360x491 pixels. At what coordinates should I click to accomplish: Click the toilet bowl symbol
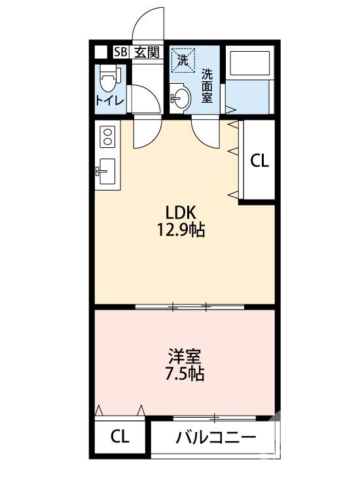[108, 82]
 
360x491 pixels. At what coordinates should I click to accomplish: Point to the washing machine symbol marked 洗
[184, 61]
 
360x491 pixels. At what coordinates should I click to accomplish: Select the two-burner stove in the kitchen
[107, 137]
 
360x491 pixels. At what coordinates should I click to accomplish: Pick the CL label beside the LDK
[260, 160]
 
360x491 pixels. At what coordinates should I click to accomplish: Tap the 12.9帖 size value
[181, 230]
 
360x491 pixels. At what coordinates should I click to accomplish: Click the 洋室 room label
[184, 357]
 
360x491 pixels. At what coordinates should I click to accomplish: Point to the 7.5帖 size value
[184, 374]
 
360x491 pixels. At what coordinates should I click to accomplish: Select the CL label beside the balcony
[119, 437]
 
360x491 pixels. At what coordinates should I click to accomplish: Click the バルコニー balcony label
[215, 437]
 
